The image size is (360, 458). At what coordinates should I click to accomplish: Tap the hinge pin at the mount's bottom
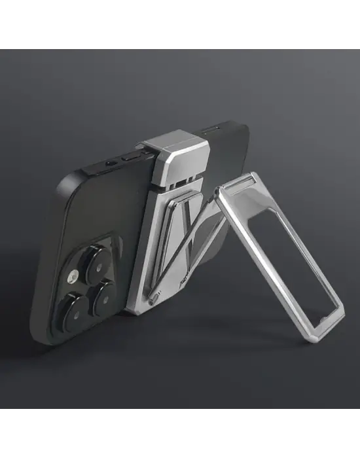(x=154, y=299)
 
